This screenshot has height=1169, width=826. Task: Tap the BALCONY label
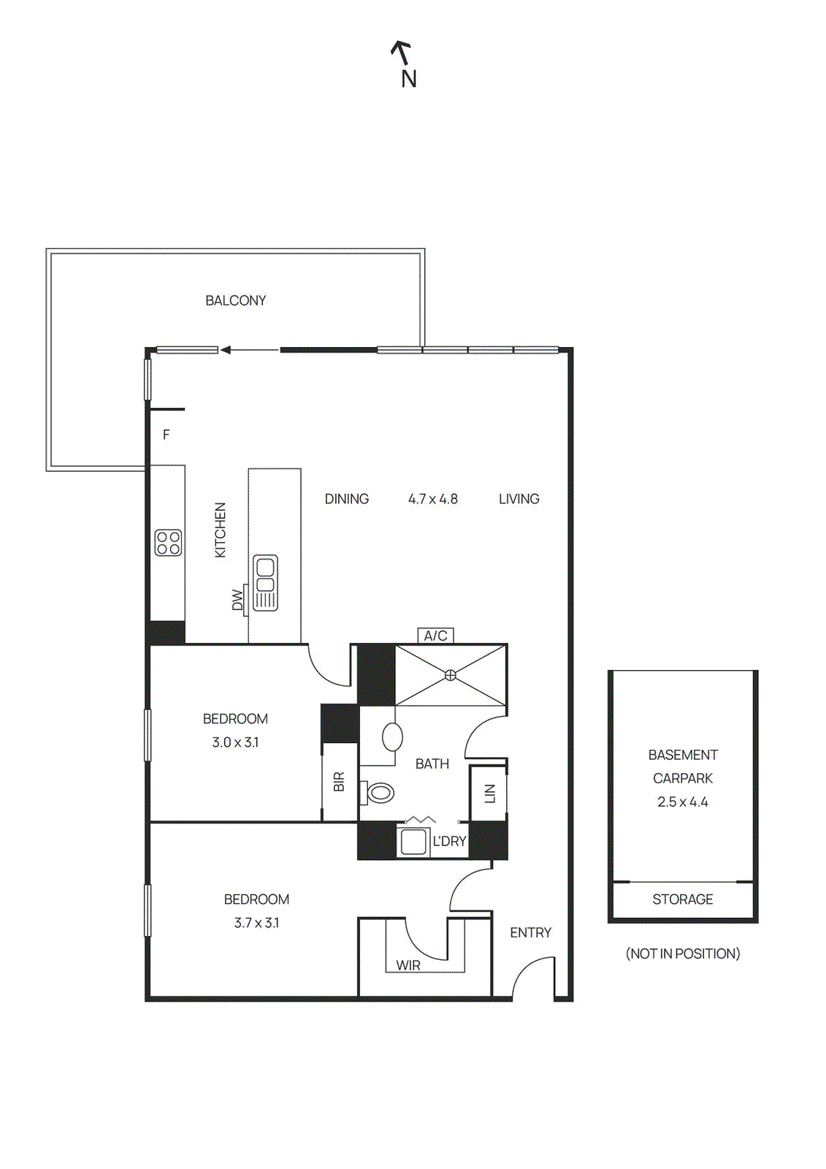[235, 300]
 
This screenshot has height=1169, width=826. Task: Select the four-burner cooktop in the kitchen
[169, 543]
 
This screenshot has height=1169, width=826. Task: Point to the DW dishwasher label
[237, 600]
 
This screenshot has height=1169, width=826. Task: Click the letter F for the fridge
[167, 435]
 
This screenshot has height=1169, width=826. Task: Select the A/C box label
[435, 636]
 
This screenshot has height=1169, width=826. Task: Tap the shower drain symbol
[451, 675]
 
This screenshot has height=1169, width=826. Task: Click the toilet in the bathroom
[379, 792]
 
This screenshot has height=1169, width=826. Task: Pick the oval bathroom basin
[393, 737]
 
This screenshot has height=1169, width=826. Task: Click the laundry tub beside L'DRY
[413, 841]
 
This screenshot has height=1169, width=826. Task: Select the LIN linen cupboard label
[490, 793]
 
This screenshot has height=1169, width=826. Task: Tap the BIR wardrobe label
[339, 782]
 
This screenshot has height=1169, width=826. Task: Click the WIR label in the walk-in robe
[408, 965]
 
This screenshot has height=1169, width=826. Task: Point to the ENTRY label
[530, 932]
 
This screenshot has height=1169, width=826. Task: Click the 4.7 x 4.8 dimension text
[432, 499]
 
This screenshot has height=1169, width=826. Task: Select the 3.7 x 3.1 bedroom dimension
[256, 923]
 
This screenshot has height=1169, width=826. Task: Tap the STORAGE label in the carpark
[682, 899]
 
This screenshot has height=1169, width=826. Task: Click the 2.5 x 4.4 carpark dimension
[682, 801]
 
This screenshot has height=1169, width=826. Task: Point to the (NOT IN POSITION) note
[682, 953]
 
